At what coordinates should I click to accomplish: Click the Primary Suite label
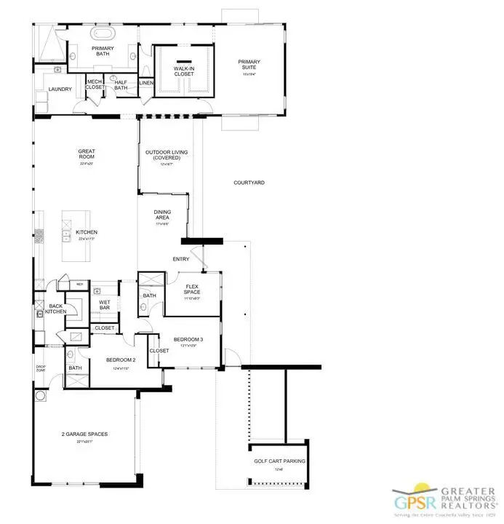pyautogui.click(x=249, y=63)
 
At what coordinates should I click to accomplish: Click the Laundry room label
pyautogui.click(x=60, y=90)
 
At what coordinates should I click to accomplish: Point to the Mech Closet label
pyautogui.click(x=95, y=84)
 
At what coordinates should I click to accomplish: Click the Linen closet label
pyautogui.click(x=145, y=83)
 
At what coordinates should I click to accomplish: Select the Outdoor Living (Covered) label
pyautogui.click(x=166, y=155)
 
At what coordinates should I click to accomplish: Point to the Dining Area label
pyautogui.click(x=162, y=216)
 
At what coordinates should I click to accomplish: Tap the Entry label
pyautogui.click(x=181, y=258)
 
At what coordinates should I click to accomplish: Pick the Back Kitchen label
pyautogui.click(x=57, y=309)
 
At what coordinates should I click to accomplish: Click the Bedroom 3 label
pyautogui.click(x=188, y=341)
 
